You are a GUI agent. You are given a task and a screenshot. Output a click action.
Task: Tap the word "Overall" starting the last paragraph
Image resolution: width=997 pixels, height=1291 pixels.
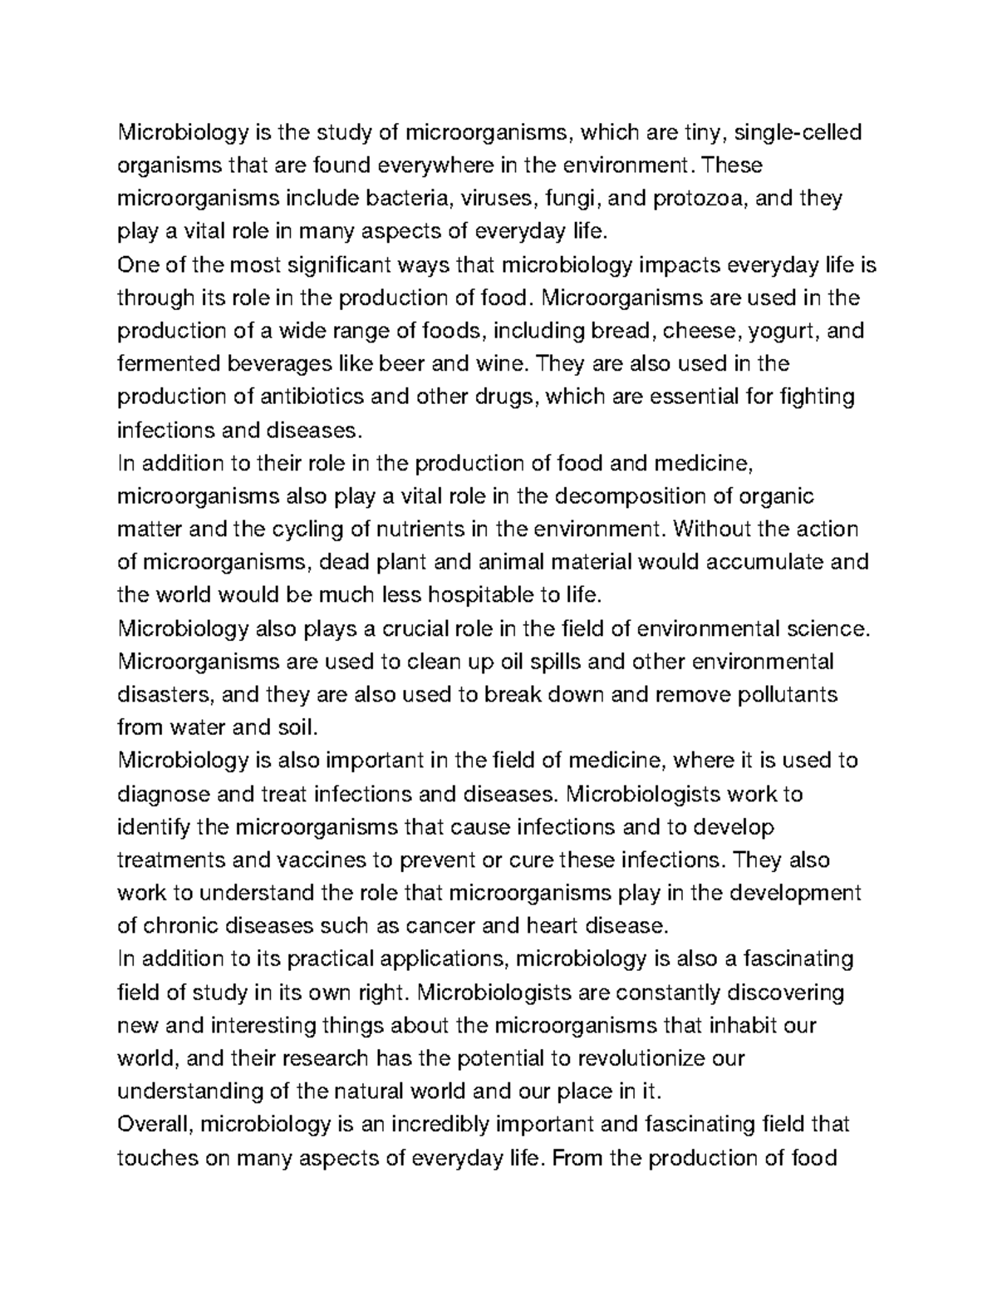coord(155,1125)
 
